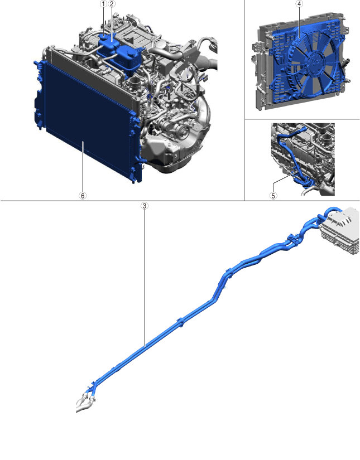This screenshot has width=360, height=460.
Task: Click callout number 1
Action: point(103,4)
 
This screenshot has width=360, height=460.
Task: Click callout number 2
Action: point(112,4)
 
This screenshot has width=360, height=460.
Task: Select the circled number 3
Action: point(144,206)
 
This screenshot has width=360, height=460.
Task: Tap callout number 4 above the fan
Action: point(299,4)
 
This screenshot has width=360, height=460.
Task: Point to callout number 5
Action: point(273,196)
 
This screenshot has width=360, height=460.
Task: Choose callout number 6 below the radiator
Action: point(83,196)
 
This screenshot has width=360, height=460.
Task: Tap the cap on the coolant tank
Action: point(105,36)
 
